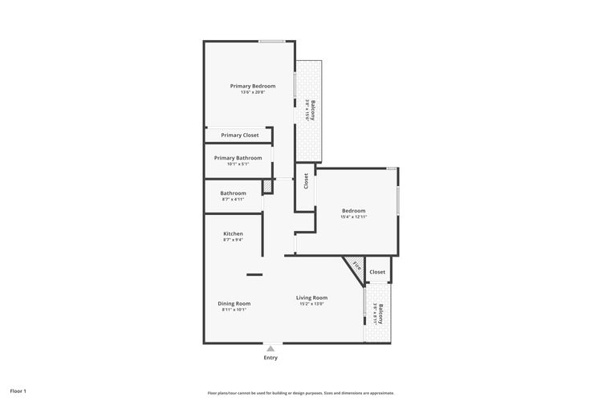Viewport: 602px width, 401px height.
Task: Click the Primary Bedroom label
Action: pos(253,86)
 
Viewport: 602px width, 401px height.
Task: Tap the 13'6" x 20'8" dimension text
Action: pos(253,92)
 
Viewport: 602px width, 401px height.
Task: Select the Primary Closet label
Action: pos(240,135)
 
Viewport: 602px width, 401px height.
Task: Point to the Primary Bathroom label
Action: pos(238,158)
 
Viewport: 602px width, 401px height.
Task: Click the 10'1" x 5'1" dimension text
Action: pos(238,164)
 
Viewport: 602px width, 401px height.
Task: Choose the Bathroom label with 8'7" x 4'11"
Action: pos(233,193)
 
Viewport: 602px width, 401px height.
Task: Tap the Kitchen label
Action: pos(233,233)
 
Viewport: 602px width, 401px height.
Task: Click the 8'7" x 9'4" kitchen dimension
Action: pos(233,240)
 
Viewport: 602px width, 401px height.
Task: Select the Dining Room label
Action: pos(234,303)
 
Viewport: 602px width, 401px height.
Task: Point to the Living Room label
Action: pos(312,298)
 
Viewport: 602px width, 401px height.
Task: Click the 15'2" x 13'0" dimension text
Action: pos(312,304)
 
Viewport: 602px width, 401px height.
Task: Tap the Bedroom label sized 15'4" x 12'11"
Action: pos(354,211)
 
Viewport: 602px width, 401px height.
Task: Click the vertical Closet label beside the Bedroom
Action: pos(306,181)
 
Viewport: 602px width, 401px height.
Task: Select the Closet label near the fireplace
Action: pos(377,272)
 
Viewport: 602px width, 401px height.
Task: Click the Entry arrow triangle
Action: pos(271,349)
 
